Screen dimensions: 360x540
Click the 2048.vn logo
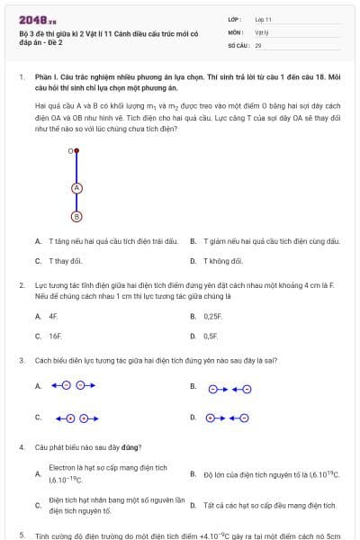coord(37,19)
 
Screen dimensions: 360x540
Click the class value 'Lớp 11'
coord(263,19)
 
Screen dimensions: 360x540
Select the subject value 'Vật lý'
coord(261,31)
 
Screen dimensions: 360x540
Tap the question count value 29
coord(258,44)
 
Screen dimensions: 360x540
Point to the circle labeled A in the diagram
coord(76,188)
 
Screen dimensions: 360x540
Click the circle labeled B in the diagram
coord(76,216)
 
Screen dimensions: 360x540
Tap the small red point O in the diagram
coord(76,152)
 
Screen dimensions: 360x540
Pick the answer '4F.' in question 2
coord(54,317)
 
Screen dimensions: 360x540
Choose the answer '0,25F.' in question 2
coord(212,317)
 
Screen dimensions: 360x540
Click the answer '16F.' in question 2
coord(56,336)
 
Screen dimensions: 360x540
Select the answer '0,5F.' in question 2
coord(211,336)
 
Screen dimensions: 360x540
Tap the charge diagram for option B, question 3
coord(229,389)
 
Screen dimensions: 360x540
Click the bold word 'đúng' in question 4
coord(129,447)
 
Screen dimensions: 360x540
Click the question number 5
coord(21,535)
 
